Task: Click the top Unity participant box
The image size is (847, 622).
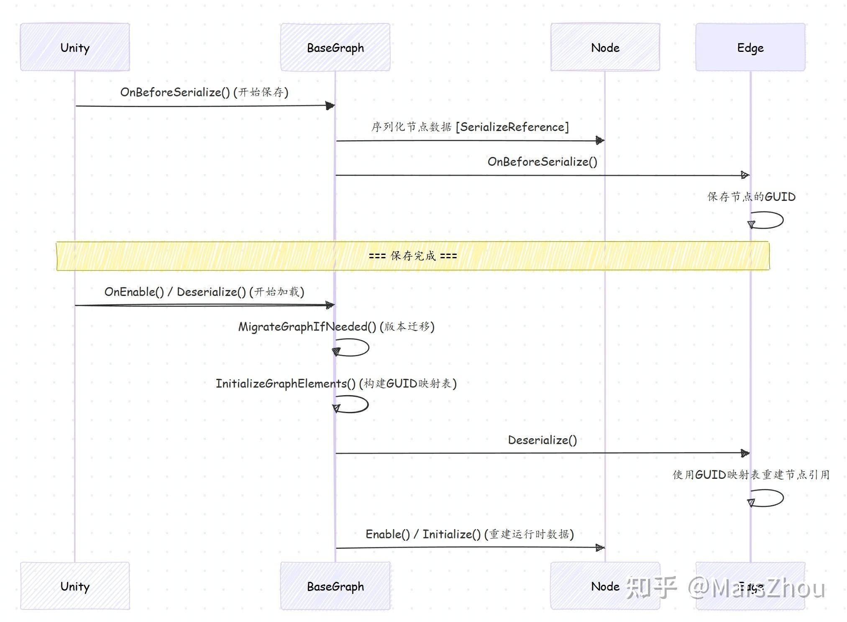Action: pos(75,47)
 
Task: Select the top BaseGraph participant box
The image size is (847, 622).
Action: pos(335,47)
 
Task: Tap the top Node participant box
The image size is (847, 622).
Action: pos(605,47)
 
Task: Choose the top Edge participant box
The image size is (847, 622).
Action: pos(750,47)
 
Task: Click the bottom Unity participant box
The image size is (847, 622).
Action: pos(75,586)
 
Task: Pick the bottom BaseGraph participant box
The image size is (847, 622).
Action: pos(335,586)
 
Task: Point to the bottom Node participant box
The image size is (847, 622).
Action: pos(605,586)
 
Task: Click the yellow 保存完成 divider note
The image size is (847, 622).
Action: pos(413,256)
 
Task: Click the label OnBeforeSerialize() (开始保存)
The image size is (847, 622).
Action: pos(204,92)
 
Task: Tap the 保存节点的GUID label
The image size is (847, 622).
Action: pos(751,197)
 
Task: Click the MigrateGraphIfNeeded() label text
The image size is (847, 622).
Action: pos(336,326)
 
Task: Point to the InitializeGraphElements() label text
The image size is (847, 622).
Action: pos(336,383)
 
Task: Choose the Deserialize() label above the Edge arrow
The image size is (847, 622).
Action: pos(542,440)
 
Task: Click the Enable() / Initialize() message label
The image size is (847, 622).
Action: pos(469,534)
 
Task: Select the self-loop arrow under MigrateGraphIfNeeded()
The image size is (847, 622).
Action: pos(352,348)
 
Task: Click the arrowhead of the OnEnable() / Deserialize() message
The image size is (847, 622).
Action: pos(330,305)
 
